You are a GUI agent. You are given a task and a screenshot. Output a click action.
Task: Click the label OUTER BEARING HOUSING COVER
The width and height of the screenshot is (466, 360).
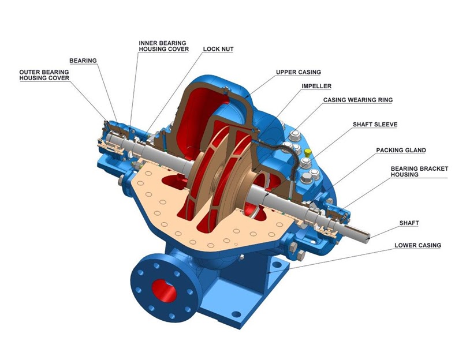44,75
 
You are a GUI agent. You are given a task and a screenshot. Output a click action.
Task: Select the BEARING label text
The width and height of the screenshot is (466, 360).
83,60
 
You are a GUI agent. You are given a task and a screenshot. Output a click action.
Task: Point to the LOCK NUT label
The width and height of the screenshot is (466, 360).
218,49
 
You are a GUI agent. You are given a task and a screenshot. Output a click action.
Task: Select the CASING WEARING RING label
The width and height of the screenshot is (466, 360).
357,100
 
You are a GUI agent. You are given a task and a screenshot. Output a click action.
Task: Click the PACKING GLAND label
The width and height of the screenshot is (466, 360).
401,150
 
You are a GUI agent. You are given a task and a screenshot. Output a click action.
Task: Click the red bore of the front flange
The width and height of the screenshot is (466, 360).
162,288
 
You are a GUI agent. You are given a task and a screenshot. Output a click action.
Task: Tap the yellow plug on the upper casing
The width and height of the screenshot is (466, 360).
308,152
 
